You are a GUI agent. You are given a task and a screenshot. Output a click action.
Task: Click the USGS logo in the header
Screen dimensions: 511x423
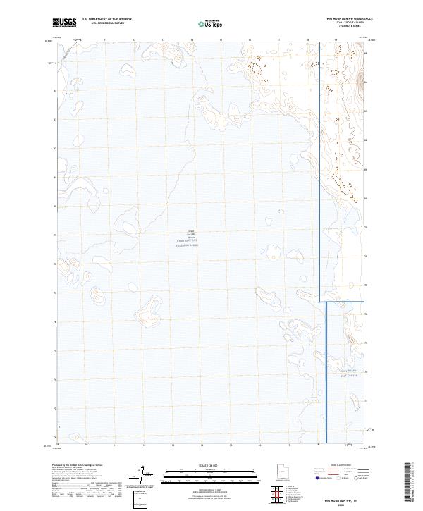tap(64, 23)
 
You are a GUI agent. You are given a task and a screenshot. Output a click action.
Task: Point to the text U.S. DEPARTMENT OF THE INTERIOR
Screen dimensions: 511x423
tap(106, 20)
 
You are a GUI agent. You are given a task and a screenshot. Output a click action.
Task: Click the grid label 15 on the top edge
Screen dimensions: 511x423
tap(221, 40)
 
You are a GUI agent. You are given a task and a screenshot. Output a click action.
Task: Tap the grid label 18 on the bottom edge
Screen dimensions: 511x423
tap(318, 445)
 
